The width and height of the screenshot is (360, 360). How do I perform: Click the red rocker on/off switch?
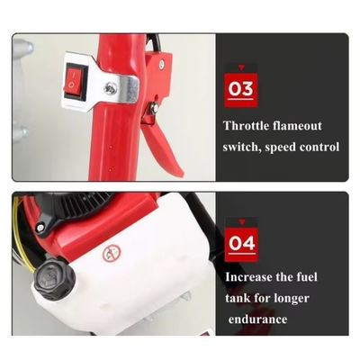click(x=74, y=81)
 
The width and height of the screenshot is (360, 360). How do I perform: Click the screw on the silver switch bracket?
click(x=109, y=87)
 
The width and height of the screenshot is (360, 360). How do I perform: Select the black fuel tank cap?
click(x=54, y=279)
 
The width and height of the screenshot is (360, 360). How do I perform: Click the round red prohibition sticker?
click(x=112, y=254)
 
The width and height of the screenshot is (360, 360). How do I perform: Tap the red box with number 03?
click(x=241, y=90)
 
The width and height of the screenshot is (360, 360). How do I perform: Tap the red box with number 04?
click(x=241, y=244)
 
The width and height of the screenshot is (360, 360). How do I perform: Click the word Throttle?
click(x=246, y=125)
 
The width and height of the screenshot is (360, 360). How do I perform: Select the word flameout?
click(x=297, y=125)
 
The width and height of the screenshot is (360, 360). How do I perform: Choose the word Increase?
click(x=248, y=276)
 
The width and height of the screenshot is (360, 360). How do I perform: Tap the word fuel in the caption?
click(x=307, y=276)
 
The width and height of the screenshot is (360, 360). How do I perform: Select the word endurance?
click(x=258, y=319)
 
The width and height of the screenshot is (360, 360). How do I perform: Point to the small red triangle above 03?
click(x=241, y=67)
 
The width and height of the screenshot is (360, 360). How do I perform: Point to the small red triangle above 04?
click(x=241, y=222)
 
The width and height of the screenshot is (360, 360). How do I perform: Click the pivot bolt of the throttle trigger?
click(x=154, y=109)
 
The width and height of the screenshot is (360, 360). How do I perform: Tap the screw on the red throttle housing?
click(x=162, y=62)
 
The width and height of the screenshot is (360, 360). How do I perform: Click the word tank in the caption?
click(x=238, y=298)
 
